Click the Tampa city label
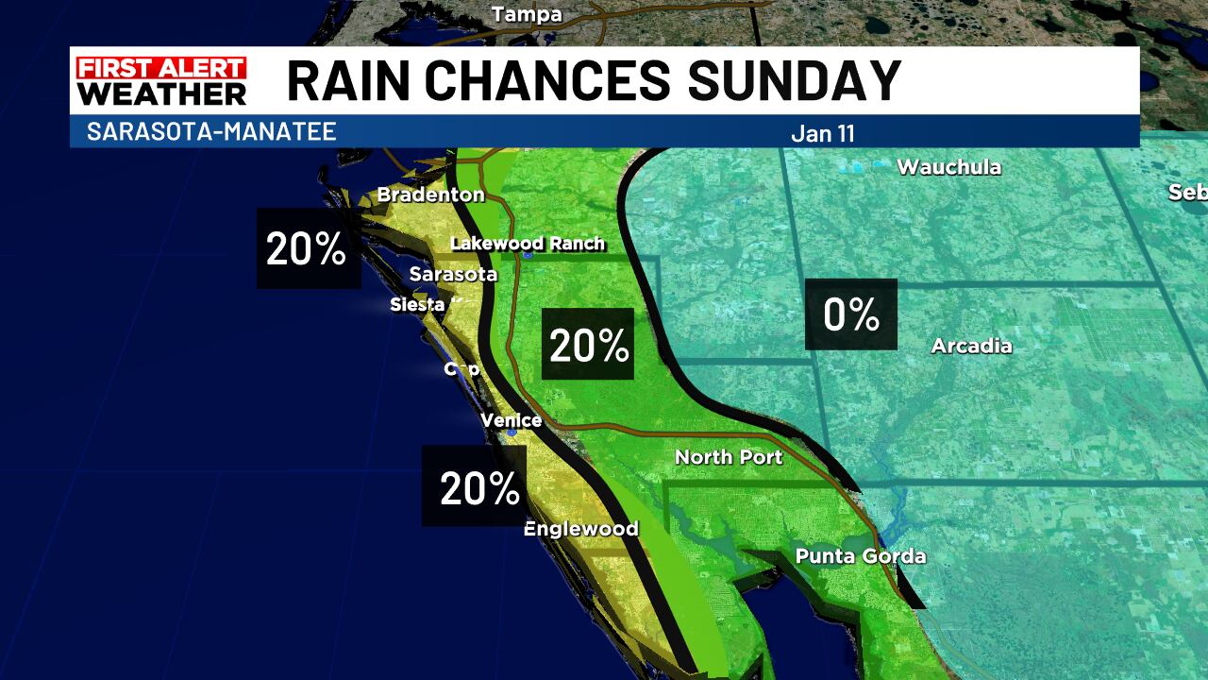[527, 14]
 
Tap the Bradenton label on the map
[430, 195]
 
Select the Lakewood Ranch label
[528, 244]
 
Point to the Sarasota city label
[453, 274]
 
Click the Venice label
[512, 420]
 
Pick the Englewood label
[580, 529]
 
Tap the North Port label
[729, 457]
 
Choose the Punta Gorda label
[861, 556]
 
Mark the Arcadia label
[971, 346]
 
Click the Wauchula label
[948, 167]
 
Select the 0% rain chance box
[851, 314]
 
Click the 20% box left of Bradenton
[308, 248]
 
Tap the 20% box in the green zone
[588, 345]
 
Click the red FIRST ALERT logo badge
[161, 68]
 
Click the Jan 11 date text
[822, 133]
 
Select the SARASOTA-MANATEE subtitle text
[211, 131]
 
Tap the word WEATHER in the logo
[161, 93]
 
